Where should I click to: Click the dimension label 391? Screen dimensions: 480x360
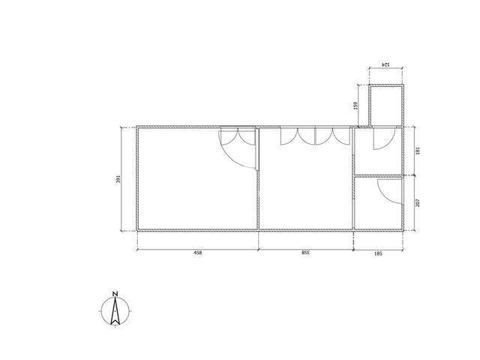tap(118, 179)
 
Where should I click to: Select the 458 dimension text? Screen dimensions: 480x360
tap(198, 253)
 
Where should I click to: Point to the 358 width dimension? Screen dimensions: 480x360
tap(305, 253)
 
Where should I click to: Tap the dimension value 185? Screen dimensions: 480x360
tap(378, 253)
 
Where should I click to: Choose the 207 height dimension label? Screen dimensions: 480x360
tap(418, 202)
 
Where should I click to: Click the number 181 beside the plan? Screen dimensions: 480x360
tap(418, 151)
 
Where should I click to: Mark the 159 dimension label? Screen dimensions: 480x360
tap(355, 106)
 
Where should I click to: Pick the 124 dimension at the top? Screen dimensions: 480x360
tap(385, 64)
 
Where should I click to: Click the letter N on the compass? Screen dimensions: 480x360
tap(115, 294)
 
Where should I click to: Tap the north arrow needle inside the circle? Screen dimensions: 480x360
tap(115, 310)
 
